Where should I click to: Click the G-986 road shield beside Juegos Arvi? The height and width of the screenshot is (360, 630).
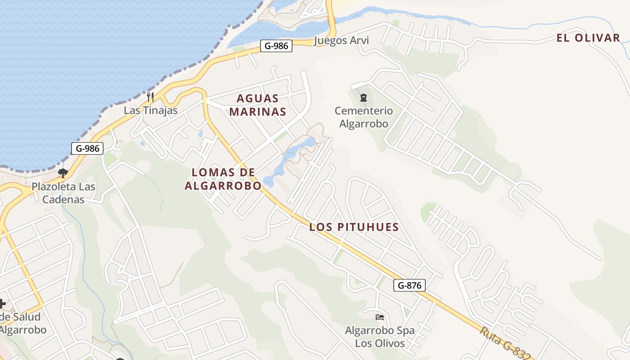pos(276,45)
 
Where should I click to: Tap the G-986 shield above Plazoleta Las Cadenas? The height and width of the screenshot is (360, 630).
pos(87,148)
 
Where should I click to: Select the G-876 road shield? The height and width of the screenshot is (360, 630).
pos(409,285)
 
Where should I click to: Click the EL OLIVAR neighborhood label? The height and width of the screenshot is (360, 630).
pos(588,38)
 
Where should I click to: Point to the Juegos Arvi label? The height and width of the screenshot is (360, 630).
pos(341,40)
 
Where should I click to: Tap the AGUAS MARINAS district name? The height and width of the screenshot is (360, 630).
pos(258,105)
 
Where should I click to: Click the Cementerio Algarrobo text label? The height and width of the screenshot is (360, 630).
pos(364,117)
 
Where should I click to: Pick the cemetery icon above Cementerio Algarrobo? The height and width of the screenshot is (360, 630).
pos(363,97)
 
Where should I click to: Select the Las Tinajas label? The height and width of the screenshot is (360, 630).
pos(151,110)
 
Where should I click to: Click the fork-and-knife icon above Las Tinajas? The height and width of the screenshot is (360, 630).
pos(150,96)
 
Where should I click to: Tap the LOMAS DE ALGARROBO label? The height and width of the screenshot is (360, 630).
pos(223,179)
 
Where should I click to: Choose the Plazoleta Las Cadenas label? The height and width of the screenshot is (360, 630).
pos(63,193)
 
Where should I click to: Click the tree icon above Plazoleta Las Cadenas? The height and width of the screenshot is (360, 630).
pos(63,173)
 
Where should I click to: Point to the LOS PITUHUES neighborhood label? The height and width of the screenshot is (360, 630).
pos(354,227)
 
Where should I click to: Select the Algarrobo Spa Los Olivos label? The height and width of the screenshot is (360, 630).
pos(380,337)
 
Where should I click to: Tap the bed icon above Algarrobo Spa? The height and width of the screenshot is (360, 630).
pos(380,317)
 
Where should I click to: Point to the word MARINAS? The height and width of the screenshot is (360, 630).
pos(258,112)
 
